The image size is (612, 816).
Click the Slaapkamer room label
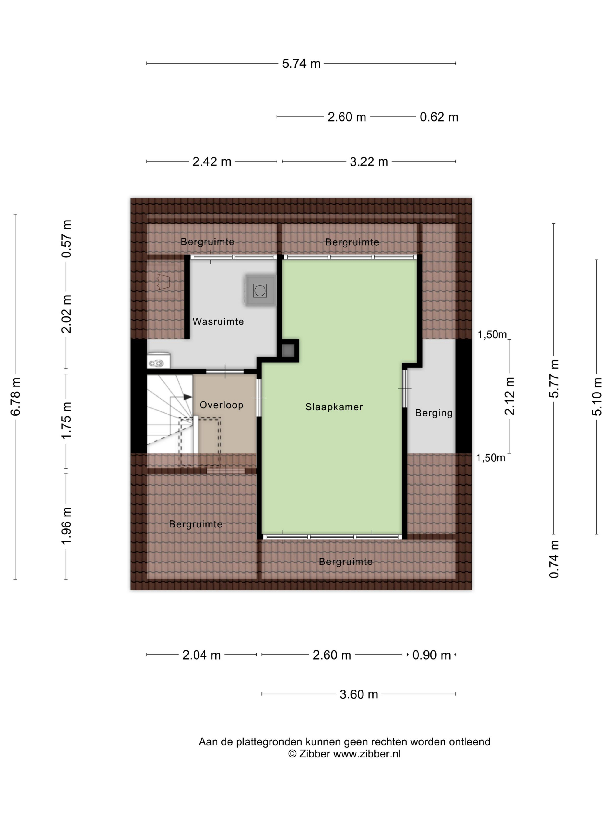[334, 407]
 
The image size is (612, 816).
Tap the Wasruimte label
[218, 321]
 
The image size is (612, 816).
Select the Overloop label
[221, 405]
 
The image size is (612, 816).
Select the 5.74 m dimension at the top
[301, 64]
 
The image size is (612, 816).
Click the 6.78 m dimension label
[15, 397]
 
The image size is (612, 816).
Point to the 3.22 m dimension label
[369, 161]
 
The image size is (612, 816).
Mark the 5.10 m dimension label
[597, 397]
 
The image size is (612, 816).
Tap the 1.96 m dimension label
[66, 526]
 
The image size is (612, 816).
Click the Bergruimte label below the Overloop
[196, 524]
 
